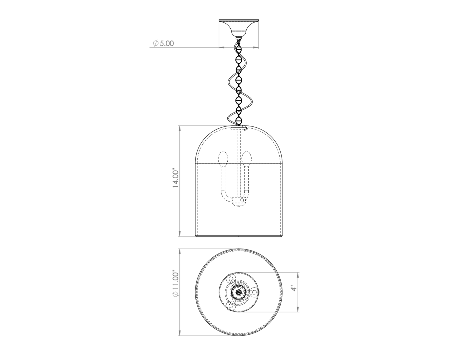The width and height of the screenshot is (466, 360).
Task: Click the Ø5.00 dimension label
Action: tap(163, 43)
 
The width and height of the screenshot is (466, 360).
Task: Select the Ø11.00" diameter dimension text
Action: tap(175, 284)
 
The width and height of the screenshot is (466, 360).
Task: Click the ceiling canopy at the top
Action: tap(238, 28)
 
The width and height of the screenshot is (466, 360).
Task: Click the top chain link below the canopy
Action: tap(238, 50)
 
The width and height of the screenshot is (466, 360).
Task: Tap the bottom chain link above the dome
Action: tap(238, 120)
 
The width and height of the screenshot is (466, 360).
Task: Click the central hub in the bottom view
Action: tap(238, 292)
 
